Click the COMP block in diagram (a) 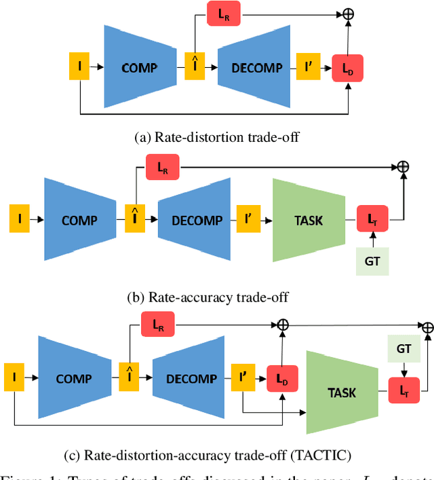(139, 68)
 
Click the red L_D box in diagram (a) (347, 69)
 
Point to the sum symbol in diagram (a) (349, 13)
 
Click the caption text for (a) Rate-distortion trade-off (217, 138)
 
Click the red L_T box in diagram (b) (372, 220)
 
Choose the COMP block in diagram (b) (79, 221)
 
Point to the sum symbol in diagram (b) (403, 166)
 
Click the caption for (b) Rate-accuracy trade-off (208, 297)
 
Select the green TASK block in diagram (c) (342, 392)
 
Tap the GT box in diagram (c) (404, 350)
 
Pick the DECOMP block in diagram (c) (191, 379)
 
